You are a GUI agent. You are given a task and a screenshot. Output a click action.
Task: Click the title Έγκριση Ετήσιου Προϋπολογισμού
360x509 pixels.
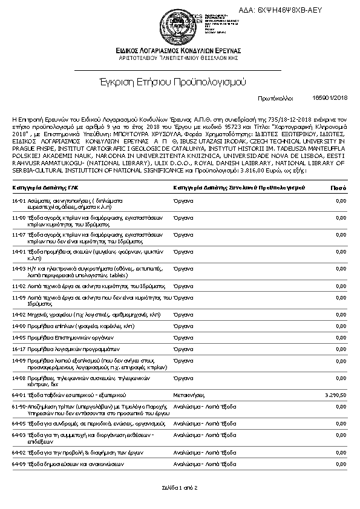point(179,81)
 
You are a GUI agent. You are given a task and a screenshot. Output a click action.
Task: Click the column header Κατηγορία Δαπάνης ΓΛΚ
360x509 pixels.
point(45,188)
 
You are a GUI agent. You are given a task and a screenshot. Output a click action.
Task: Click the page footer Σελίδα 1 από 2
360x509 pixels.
point(179,487)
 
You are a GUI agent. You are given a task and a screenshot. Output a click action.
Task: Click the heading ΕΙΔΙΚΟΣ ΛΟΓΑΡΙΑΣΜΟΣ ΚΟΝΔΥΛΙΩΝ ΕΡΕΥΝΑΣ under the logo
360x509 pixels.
point(179,50)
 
